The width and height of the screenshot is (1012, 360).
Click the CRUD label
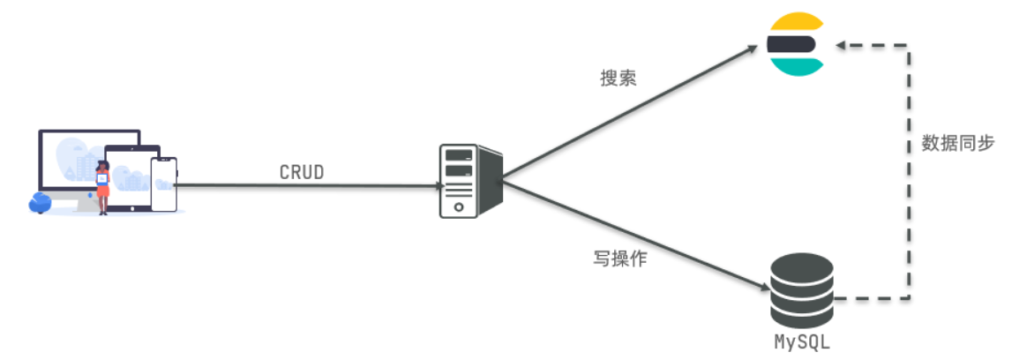click(302, 172)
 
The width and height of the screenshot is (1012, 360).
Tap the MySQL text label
click(801, 341)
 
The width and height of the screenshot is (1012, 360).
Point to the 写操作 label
click(621, 261)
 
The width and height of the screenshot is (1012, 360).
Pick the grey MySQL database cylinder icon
click(801, 290)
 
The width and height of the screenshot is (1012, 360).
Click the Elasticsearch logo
click(795, 43)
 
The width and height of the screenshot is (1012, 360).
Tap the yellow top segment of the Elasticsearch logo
click(795, 23)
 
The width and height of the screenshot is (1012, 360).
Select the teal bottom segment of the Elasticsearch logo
click(795, 64)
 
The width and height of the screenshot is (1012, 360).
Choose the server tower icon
click(469, 181)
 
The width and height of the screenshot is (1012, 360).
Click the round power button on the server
click(458, 206)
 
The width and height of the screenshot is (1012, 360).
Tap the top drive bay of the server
click(459, 155)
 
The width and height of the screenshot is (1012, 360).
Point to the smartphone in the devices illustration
click(163, 184)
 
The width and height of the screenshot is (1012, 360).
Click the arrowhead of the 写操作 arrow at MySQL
click(765, 287)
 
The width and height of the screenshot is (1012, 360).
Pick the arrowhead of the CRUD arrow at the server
click(438, 186)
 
